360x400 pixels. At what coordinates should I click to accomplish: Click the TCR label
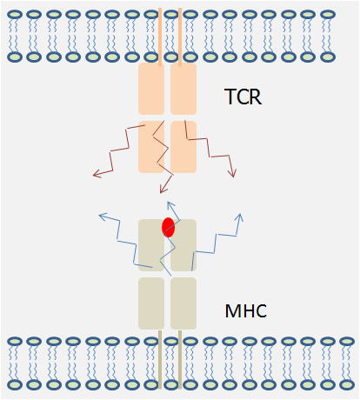[x=243, y=97]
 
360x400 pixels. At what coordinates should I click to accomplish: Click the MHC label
[x=246, y=310]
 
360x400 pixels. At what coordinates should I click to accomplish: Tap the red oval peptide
[x=168, y=227]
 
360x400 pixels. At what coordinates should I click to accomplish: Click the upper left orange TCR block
[x=151, y=89]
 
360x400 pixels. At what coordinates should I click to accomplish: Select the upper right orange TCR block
[x=183, y=89]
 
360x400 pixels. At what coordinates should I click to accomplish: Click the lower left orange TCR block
[x=151, y=147]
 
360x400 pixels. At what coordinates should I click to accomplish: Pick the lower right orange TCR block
[x=183, y=147]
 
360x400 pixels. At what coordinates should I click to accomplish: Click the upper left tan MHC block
[x=151, y=245]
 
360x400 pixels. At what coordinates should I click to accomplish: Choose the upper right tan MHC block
[x=183, y=245]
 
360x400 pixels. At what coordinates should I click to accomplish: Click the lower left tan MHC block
[x=151, y=303]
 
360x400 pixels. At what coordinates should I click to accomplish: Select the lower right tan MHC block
[x=183, y=303]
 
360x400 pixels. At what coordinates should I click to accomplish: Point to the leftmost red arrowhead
[x=97, y=174]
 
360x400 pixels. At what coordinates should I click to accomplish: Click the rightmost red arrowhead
[x=232, y=173]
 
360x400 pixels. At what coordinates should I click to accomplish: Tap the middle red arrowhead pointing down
[x=163, y=189]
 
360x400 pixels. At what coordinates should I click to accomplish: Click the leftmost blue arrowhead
[x=103, y=217]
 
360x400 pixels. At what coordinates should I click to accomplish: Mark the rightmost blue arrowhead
[x=239, y=218]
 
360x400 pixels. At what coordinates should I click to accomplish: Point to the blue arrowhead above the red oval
[x=170, y=205]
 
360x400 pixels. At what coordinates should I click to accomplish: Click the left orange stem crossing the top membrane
[x=160, y=36]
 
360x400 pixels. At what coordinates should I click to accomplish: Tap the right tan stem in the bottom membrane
[x=180, y=359]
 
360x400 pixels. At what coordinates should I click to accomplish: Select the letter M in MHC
[x=232, y=311]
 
